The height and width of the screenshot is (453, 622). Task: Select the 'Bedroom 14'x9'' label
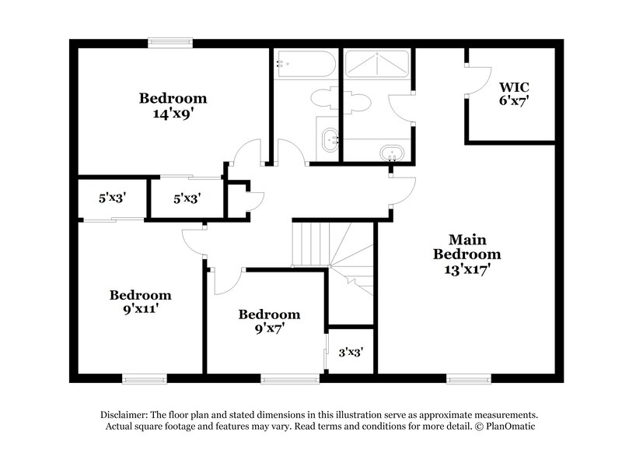click(x=173, y=106)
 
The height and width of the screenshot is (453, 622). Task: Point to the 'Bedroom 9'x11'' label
click(x=140, y=302)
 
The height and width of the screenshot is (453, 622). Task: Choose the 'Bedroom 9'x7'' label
click(x=269, y=321)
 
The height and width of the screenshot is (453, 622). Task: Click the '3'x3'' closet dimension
click(x=351, y=351)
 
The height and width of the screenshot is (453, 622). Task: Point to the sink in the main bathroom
click(x=391, y=151)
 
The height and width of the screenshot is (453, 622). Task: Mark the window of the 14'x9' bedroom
click(x=171, y=44)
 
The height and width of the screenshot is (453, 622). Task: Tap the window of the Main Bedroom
click(x=469, y=378)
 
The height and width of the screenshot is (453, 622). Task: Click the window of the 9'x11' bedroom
click(x=145, y=378)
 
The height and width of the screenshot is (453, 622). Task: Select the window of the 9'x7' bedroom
click(x=289, y=378)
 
